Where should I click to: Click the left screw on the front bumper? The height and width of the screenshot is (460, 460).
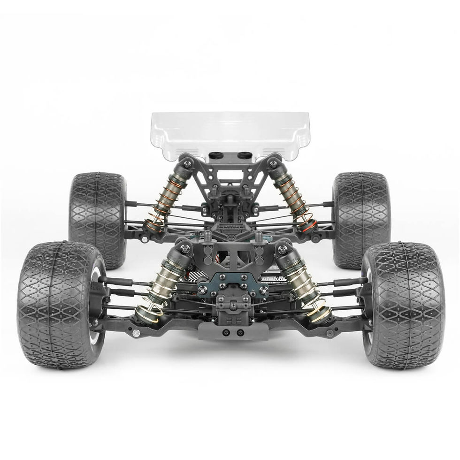pos(227,332)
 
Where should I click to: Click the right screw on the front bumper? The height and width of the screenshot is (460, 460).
pos(240,332)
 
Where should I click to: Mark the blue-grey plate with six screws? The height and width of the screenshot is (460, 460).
pos(230,284)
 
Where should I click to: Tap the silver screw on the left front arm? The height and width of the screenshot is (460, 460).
pos(136,333)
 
